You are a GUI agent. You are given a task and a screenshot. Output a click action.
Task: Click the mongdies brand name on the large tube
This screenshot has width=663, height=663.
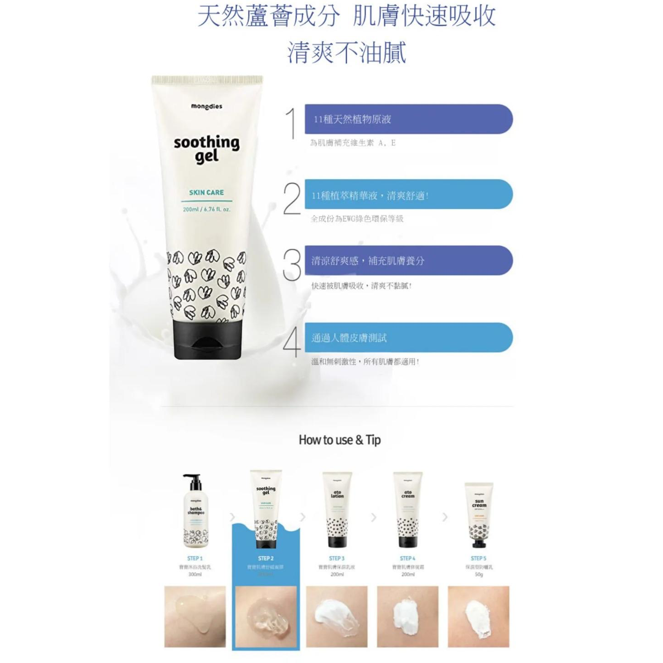(x=207, y=107)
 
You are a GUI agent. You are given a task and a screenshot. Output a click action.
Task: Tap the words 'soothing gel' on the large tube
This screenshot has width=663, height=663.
(x=207, y=149)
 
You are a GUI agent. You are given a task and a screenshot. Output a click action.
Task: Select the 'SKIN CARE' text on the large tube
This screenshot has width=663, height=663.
(x=206, y=192)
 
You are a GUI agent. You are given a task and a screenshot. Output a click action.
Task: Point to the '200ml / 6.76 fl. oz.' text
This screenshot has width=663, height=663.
(x=207, y=210)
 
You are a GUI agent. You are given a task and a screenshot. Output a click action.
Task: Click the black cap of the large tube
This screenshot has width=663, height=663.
(x=207, y=339)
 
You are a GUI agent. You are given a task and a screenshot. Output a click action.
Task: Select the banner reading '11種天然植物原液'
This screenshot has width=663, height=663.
(x=408, y=119)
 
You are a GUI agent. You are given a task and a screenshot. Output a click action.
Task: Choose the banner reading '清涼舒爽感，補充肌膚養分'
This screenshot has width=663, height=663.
(x=408, y=261)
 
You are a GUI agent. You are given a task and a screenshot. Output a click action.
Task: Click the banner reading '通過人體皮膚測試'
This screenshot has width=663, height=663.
(x=408, y=338)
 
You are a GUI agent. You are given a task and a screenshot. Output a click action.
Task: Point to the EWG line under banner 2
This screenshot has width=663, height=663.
(x=357, y=219)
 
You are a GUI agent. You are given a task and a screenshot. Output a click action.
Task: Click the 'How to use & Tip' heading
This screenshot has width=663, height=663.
(x=339, y=440)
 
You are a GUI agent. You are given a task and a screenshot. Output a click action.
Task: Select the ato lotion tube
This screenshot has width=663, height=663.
(x=337, y=509)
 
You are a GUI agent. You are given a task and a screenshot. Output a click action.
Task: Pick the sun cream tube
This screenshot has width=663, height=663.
(x=479, y=515)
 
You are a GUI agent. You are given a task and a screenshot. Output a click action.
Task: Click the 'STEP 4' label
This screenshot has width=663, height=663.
(x=407, y=558)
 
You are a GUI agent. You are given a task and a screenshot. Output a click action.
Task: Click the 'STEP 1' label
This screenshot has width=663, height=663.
(x=195, y=558)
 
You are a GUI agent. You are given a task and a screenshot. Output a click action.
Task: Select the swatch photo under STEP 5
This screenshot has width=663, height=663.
(x=478, y=617)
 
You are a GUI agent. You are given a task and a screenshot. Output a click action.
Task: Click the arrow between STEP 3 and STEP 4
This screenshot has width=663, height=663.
(x=374, y=517)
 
